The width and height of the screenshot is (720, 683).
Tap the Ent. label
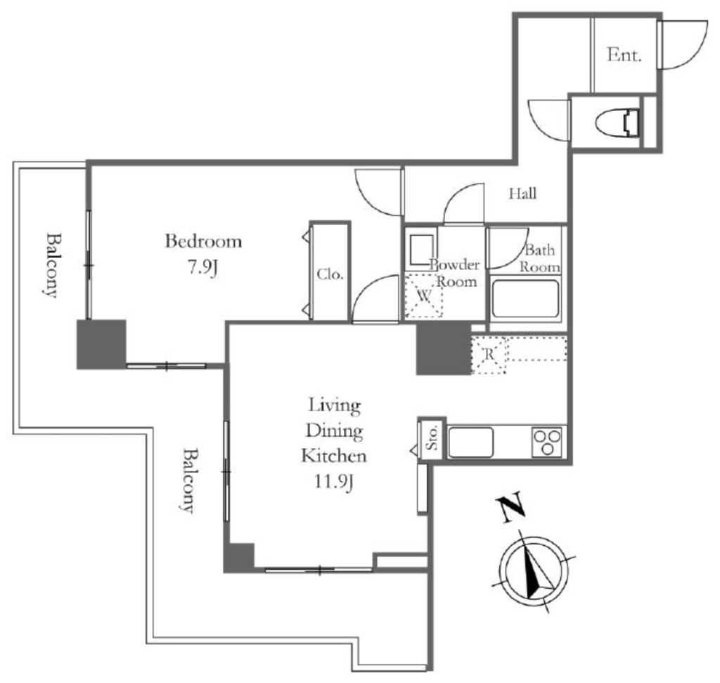(x=624, y=55)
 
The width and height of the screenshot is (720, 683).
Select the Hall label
(x=522, y=193)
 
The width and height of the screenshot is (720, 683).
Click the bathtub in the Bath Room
(x=525, y=299)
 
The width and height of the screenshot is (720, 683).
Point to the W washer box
(x=423, y=295)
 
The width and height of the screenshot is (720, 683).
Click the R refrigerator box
(x=489, y=355)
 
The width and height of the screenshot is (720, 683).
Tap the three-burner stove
(x=546, y=442)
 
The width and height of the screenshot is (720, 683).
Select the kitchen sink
(x=470, y=442)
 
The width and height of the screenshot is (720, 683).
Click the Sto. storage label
(x=432, y=438)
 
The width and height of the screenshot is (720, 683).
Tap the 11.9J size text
(x=334, y=482)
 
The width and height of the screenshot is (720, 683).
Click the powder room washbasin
(x=421, y=250)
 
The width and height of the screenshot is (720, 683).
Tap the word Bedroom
(x=203, y=241)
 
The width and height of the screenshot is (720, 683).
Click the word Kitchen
(x=334, y=456)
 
